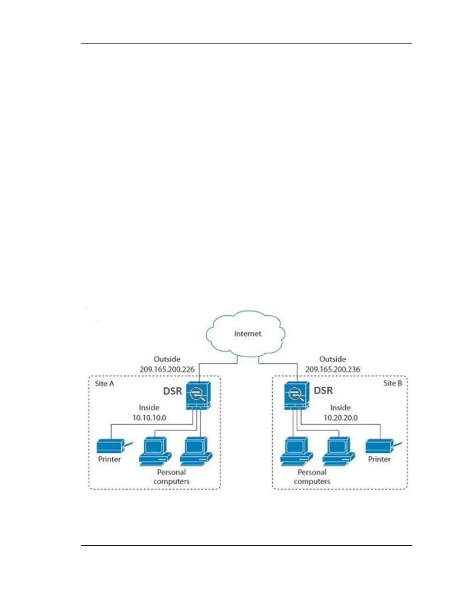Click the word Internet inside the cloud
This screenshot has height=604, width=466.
(x=247, y=334)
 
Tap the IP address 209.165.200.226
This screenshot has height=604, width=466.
(x=167, y=369)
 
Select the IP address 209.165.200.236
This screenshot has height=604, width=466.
(x=333, y=369)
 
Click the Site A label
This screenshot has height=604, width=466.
(x=104, y=384)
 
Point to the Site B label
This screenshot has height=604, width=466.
(x=393, y=383)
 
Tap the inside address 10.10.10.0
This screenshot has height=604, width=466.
(x=149, y=418)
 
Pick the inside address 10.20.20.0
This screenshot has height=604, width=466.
(x=340, y=418)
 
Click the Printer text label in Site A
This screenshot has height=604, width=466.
(x=109, y=459)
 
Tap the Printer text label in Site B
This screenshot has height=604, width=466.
(x=379, y=459)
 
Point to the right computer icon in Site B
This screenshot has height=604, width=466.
(x=338, y=451)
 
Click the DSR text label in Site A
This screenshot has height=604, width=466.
(x=172, y=391)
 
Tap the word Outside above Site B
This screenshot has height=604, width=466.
(x=333, y=359)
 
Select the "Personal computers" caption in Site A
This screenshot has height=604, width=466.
(x=171, y=477)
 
